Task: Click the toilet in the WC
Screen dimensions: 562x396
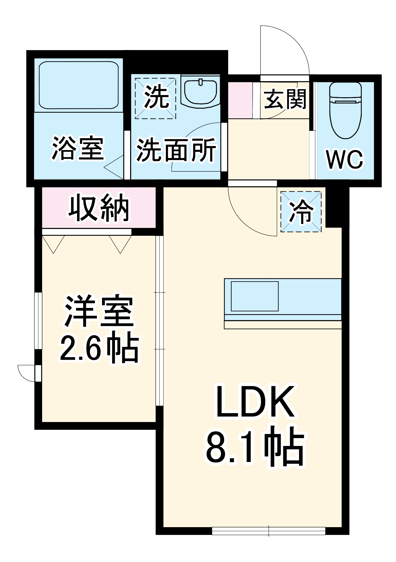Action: coord(345,111)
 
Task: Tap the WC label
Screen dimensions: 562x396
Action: coord(345,160)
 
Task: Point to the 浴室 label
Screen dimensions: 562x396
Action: coord(78,148)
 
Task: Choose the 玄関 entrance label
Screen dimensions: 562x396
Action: coord(284,99)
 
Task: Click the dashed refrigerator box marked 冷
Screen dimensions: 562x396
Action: coord(301,212)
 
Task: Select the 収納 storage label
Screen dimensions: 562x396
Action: coord(99,208)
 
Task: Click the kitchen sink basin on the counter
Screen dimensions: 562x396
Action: coord(254,296)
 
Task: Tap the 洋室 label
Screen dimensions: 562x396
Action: coord(99,311)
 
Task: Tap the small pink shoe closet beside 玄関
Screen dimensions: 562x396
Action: coord(240,100)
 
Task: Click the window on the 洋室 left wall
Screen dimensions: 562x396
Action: coord(38,321)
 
